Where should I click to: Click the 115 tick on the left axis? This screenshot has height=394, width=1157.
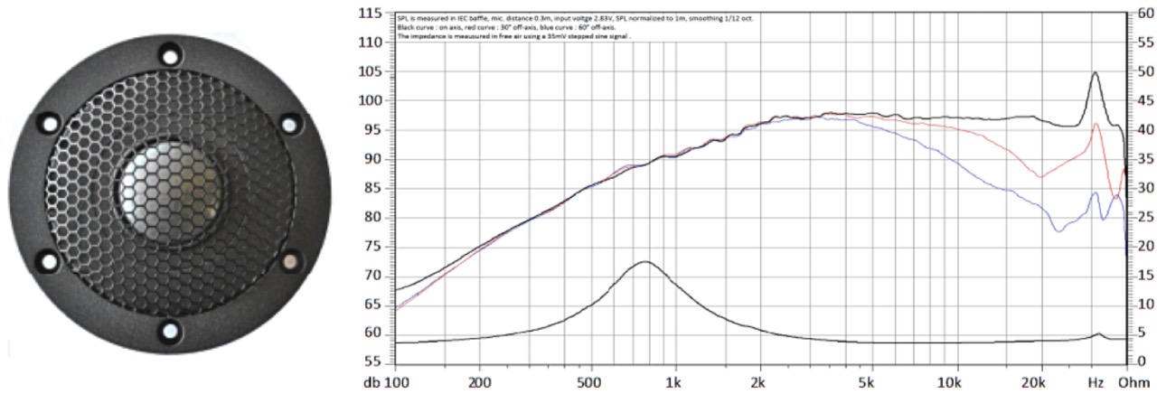pyautogui.click(x=372, y=14)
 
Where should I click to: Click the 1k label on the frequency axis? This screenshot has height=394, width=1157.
pyautogui.click(x=673, y=382)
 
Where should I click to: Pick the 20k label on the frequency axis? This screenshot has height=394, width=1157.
pyautogui.click(x=1039, y=382)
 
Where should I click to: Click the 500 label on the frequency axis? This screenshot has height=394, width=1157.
pyautogui.click(x=589, y=382)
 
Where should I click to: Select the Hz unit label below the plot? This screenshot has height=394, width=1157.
pyautogui.click(x=1095, y=382)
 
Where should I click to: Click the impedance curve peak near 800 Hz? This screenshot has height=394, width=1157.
pyautogui.click(x=644, y=262)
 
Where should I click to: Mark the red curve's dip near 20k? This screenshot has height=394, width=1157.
pyautogui.click(x=1039, y=177)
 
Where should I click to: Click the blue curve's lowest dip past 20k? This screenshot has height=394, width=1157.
pyautogui.click(x=1058, y=232)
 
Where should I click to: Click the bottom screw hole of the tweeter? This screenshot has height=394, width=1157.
pyautogui.click(x=169, y=331)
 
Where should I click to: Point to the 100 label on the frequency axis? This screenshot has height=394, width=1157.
pyautogui.click(x=397, y=382)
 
